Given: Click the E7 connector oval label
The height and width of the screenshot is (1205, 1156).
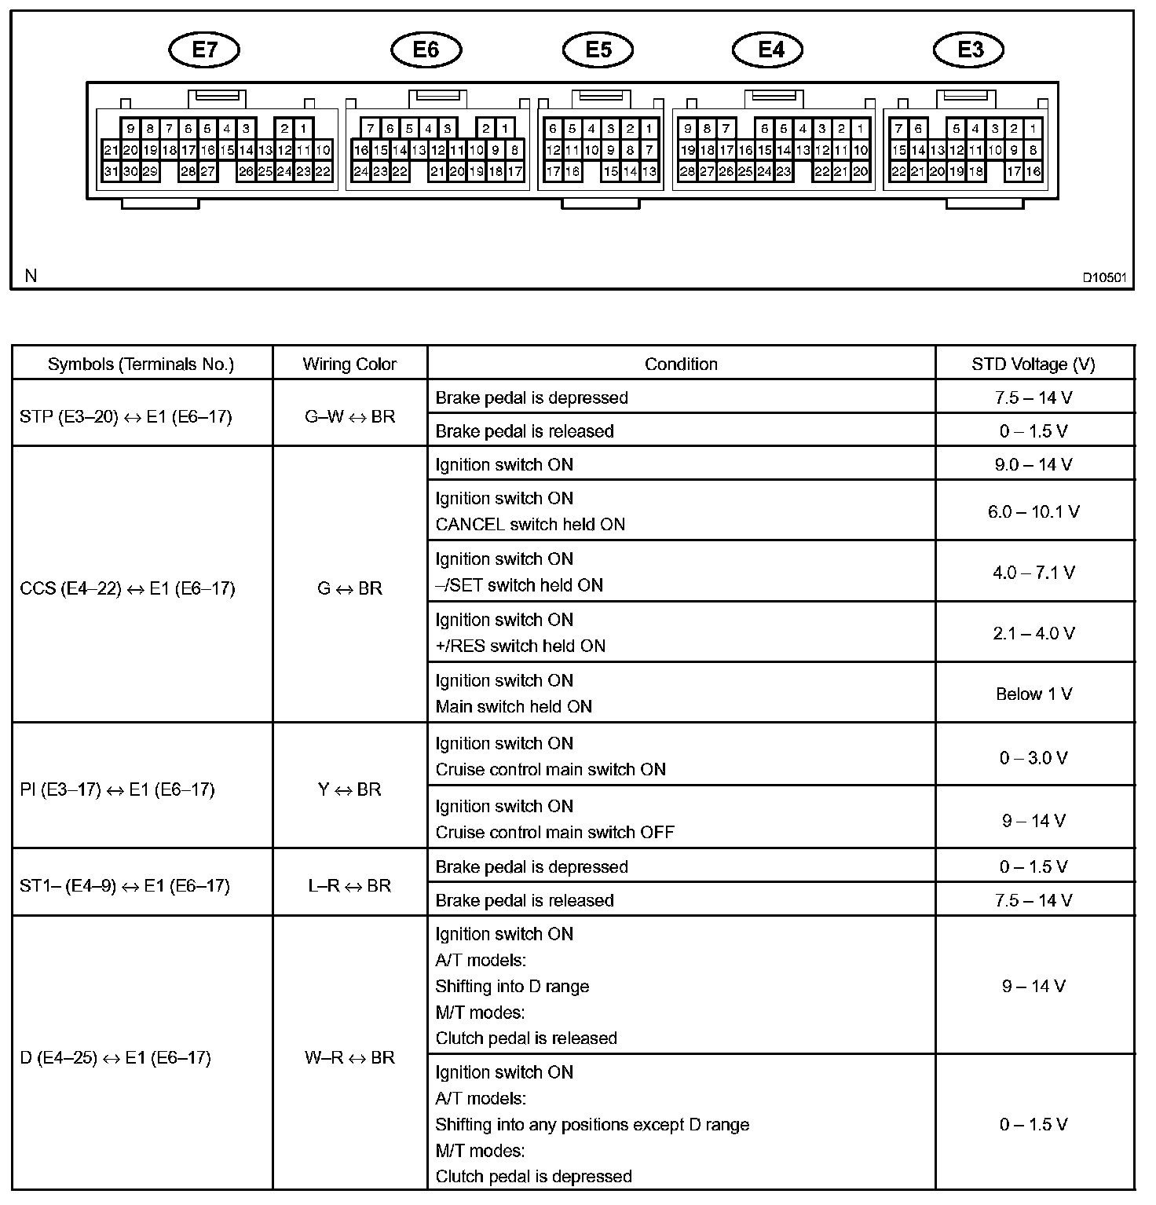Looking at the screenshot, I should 204,50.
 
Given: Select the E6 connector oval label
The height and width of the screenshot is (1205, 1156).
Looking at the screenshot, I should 426,50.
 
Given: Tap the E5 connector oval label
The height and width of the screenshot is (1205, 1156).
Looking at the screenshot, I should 598,50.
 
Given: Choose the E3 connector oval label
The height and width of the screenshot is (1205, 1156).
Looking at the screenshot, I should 970,50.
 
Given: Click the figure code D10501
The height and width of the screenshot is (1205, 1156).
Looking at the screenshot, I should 1104,277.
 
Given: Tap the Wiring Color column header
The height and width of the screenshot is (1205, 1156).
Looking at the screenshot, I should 349,364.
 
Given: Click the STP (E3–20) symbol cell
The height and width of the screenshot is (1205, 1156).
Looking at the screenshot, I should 126,416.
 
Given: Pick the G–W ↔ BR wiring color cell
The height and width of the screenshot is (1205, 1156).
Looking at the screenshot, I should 349,416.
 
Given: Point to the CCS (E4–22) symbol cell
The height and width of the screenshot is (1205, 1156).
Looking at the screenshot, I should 127,588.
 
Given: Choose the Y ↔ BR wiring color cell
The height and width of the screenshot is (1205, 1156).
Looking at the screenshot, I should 349,789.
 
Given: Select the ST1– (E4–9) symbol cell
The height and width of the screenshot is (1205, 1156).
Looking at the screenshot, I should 125,886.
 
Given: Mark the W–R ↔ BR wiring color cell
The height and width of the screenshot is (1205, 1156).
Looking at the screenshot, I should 349,1057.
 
